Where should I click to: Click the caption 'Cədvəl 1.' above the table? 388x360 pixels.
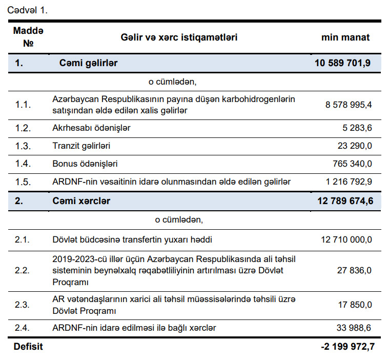(27, 9)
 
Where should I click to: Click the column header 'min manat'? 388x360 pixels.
(345, 37)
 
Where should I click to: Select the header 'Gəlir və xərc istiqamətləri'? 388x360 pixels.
(179, 37)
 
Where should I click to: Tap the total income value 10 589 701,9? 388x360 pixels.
(343, 64)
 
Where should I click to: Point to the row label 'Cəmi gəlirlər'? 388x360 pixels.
(89, 64)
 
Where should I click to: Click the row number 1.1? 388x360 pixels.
(24, 105)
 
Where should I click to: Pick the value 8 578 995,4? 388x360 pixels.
(349, 105)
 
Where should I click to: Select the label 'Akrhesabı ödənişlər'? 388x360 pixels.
(91, 128)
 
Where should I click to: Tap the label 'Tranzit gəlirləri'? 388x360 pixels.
(81, 146)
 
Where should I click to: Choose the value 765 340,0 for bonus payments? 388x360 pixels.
(352, 164)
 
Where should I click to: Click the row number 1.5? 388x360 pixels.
(24, 182)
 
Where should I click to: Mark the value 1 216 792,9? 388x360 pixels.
(348, 182)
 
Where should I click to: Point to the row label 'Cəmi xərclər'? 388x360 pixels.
(81, 201)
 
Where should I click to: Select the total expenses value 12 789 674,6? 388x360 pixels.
(345, 201)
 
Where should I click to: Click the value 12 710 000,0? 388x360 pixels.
(346, 239)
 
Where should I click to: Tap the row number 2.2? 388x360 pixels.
(24, 270)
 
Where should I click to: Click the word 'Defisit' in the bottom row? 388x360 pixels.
(28, 347)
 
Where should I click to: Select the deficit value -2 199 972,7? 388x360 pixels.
(347, 347)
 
